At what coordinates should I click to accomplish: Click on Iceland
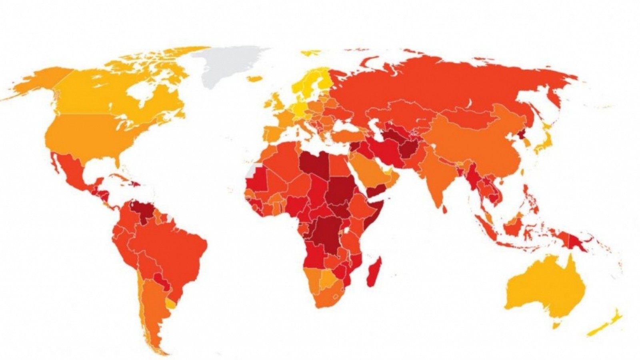click(254, 79)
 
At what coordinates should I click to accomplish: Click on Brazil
click(176, 248)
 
